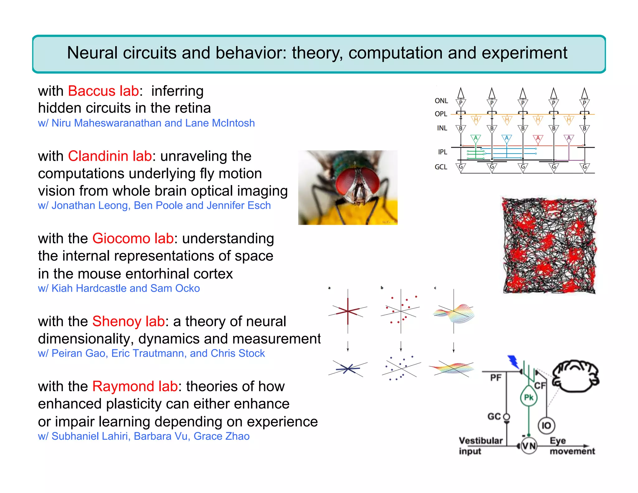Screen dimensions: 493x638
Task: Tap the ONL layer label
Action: [441, 101]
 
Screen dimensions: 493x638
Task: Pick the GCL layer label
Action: [441, 167]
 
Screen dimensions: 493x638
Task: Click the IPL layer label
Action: [442, 152]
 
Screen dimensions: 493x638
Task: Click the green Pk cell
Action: [529, 397]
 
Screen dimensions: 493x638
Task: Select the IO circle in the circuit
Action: [546, 425]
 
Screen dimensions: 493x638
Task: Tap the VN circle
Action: [529, 446]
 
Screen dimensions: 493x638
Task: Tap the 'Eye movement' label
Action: [571, 446]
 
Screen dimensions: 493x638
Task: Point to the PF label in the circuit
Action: [496, 378]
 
